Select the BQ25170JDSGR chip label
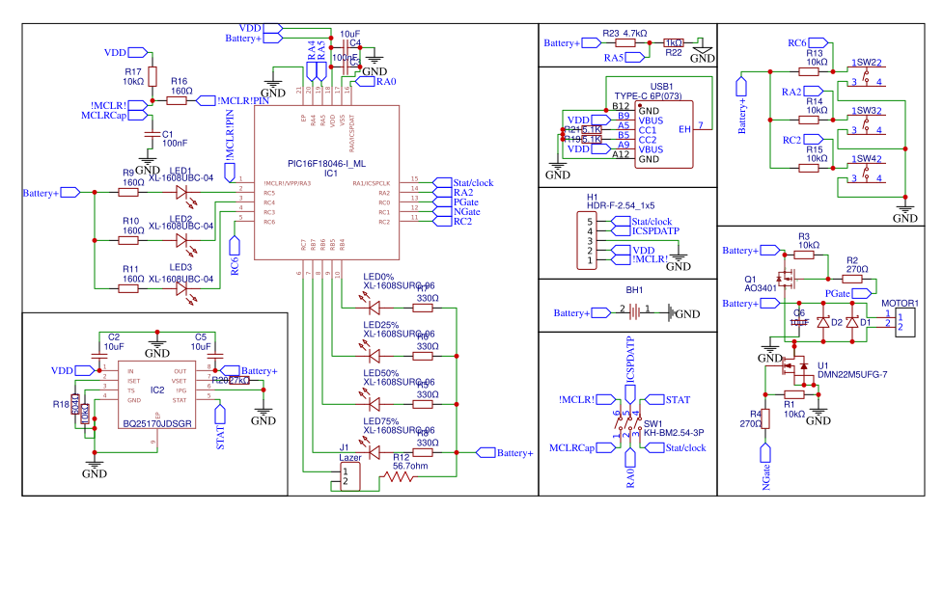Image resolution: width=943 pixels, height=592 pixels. (157, 423)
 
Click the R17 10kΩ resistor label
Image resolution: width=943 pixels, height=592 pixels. (133, 76)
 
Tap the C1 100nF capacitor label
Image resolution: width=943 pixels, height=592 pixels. (174, 139)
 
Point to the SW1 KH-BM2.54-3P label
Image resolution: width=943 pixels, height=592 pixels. (675, 429)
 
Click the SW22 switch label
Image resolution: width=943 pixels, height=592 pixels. (867, 62)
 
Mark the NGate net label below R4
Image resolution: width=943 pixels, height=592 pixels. (767, 474)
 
